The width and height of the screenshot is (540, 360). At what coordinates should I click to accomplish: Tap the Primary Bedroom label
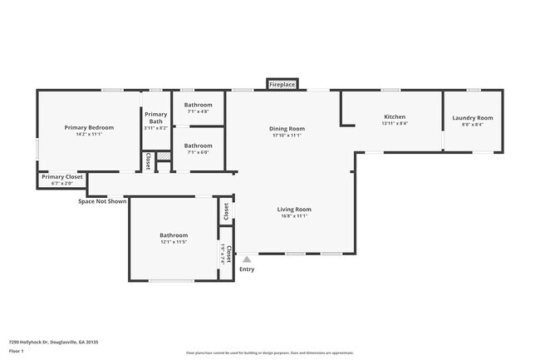(x=89, y=127)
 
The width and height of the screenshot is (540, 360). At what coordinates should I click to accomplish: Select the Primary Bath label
(x=155, y=118)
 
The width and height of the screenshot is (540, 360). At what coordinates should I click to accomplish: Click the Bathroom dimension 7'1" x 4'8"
(x=199, y=111)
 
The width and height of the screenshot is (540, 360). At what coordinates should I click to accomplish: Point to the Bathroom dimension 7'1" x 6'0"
(x=199, y=152)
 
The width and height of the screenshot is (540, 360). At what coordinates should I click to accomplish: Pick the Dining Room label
(x=287, y=128)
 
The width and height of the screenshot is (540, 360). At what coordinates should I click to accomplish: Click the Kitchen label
(x=394, y=116)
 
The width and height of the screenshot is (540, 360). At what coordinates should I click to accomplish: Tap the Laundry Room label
(x=472, y=118)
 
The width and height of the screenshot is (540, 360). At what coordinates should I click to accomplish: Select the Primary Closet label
(x=62, y=176)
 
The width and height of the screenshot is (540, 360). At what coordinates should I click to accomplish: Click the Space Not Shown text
(x=102, y=200)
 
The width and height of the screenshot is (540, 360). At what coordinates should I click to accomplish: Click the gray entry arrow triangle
(x=247, y=260)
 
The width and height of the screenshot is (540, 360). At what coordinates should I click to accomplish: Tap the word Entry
(x=247, y=269)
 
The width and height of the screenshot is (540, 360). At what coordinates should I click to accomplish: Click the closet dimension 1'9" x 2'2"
(x=222, y=253)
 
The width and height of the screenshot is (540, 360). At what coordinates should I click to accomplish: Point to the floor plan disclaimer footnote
(x=270, y=353)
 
